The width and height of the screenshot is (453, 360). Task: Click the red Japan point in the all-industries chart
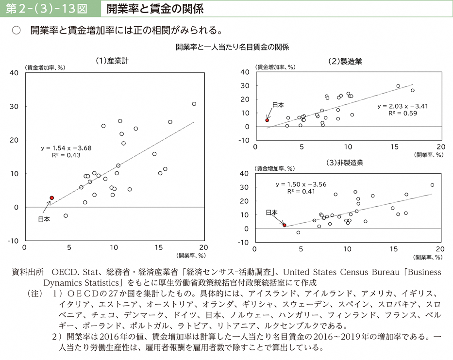[x=51, y=198]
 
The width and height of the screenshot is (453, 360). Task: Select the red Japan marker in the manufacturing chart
[x=267, y=120]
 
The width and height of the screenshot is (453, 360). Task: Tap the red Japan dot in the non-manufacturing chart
[x=285, y=225]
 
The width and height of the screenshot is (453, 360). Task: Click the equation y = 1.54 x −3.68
[x=67, y=147]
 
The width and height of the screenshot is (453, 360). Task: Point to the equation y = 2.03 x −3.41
[x=403, y=106]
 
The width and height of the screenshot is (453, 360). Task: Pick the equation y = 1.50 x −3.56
[x=301, y=184]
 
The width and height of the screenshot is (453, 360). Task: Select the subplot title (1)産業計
[x=112, y=61]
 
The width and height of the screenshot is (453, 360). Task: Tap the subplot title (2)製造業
[x=345, y=61]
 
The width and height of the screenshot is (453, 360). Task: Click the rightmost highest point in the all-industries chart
[x=194, y=104]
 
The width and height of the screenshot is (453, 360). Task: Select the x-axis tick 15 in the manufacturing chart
[x=394, y=147]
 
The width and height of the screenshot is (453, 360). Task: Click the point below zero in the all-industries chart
[x=66, y=215]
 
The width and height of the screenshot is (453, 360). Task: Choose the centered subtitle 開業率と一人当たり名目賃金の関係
[x=232, y=47]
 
